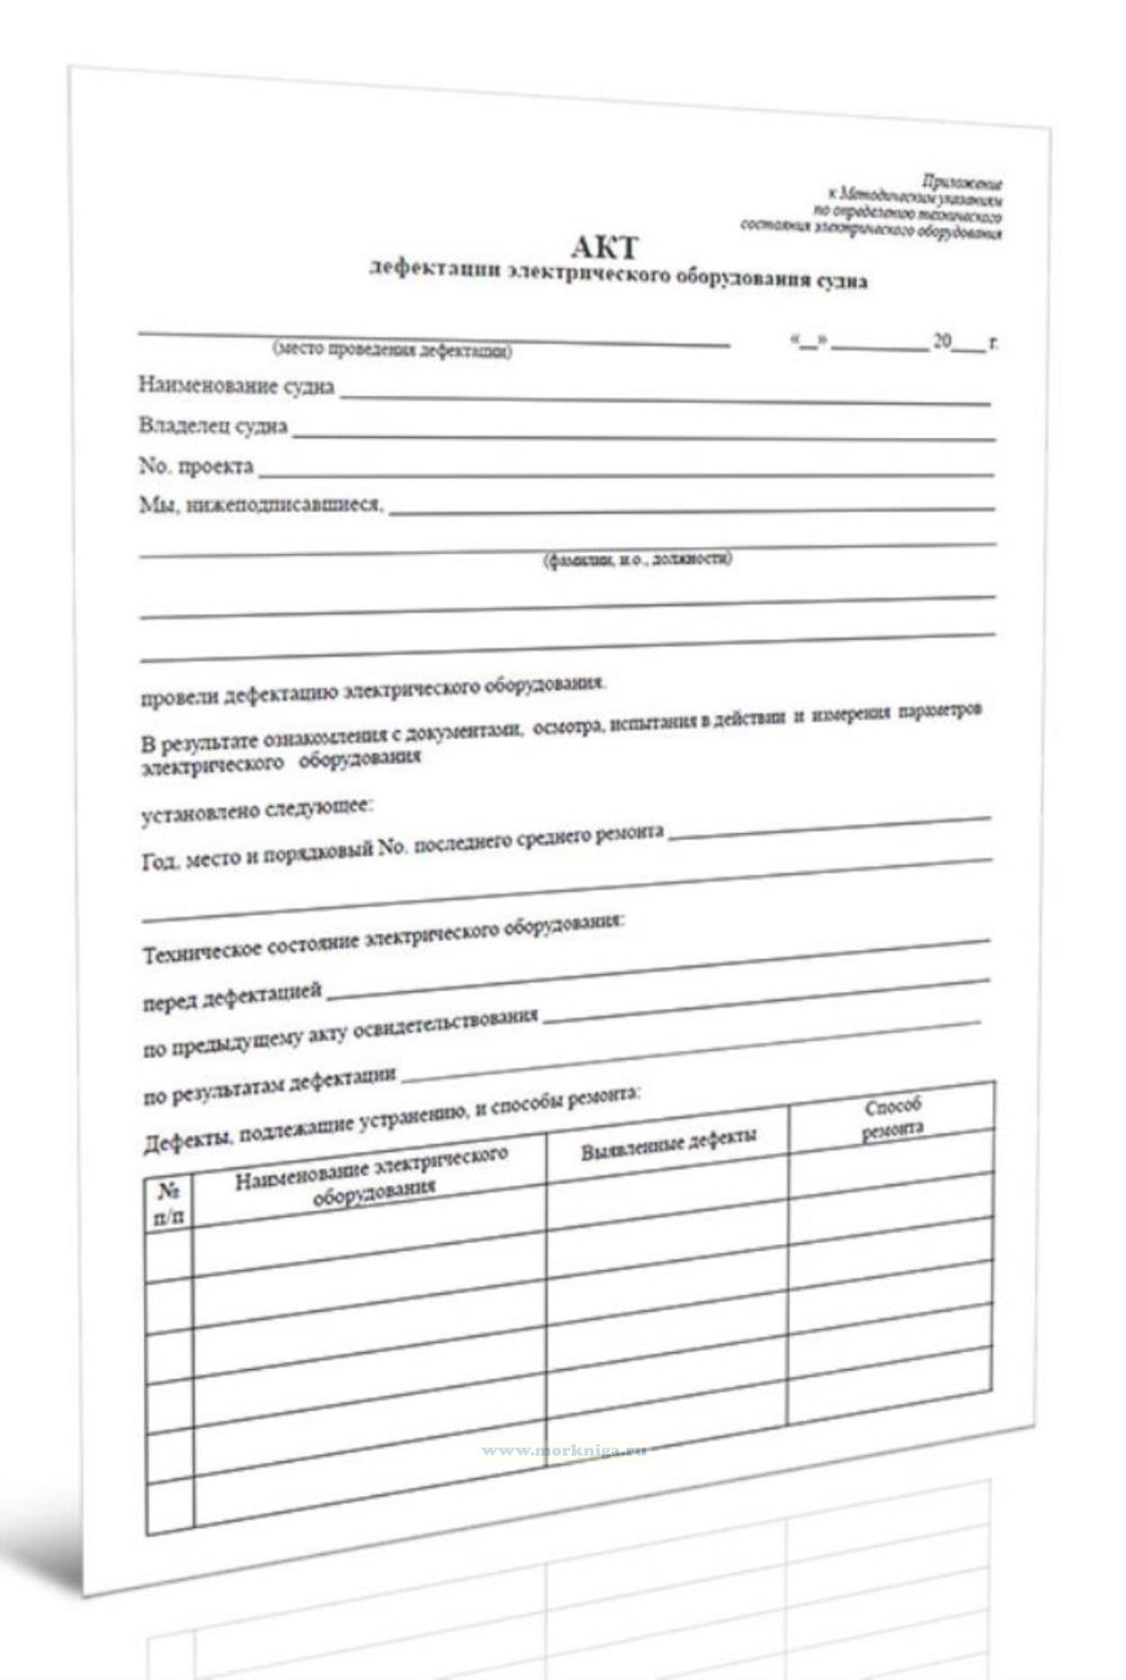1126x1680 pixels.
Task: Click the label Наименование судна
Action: [236, 386]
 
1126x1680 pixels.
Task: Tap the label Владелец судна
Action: [213, 425]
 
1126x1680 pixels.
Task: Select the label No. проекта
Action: [195, 466]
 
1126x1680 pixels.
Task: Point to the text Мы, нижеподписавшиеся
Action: [261, 504]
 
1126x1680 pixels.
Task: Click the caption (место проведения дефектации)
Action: [392, 350]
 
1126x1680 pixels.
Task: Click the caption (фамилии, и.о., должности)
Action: [637, 559]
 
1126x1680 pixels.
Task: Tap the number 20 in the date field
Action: [941, 341]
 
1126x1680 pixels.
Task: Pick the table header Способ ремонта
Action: [893, 1118]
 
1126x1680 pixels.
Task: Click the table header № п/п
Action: [168, 1204]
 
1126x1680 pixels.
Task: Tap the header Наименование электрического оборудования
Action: [372, 1176]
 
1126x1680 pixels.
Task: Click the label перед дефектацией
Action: [232, 996]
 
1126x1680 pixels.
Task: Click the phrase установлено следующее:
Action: [257, 811]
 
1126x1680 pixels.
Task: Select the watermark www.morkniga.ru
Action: [564, 1450]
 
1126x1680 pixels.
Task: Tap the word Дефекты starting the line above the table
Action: [184, 1143]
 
